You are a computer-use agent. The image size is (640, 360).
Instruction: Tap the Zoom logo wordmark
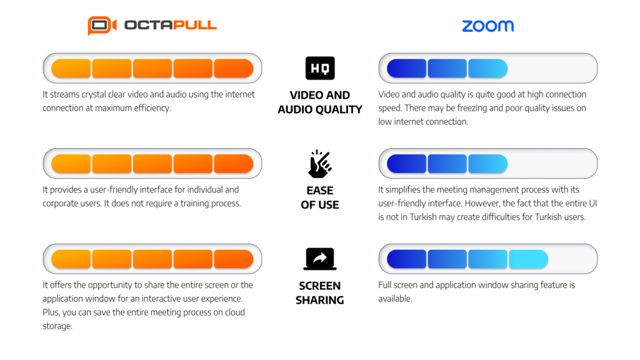[487, 26]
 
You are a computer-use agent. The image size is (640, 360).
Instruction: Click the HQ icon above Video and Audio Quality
[320, 68]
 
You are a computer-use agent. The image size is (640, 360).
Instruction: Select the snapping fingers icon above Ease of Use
[320, 164]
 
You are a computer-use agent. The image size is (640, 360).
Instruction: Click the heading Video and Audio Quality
[320, 102]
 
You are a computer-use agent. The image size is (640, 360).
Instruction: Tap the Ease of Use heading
[320, 197]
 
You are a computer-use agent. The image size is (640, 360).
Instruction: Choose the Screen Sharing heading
[320, 292]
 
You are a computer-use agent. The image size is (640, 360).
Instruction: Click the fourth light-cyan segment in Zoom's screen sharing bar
[528, 259]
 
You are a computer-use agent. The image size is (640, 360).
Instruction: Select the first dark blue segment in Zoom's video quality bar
[407, 68]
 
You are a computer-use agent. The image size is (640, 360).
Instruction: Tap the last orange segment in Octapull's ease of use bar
[234, 164]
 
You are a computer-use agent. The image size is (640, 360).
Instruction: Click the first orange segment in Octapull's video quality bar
[71, 68]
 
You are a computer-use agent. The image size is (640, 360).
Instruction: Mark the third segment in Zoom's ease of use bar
[487, 164]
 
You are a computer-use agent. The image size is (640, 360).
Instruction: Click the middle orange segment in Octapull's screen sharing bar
[152, 259]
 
